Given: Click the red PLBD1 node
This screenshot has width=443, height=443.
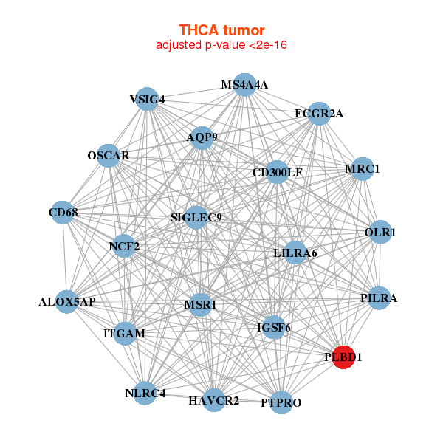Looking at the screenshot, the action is click(x=343, y=357).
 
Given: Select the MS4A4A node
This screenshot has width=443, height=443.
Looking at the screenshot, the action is click(x=245, y=85).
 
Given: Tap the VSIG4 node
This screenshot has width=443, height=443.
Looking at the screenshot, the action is click(x=148, y=100).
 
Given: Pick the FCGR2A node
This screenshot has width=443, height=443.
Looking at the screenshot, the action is click(x=319, y=114).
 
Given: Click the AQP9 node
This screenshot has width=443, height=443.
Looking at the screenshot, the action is click(x=202, y=137).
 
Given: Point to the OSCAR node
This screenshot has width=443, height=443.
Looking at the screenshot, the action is click(x=109, y=156).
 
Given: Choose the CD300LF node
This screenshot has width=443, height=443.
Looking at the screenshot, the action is click(x=277, y=173).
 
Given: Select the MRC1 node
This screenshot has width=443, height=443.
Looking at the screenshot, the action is click(x=362, y=169).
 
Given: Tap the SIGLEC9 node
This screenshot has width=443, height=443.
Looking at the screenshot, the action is click(x=196, y=217).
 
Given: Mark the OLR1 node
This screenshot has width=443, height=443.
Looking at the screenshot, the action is click(x=380, y=233).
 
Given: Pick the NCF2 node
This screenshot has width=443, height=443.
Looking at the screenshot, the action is click(x=124, y=246).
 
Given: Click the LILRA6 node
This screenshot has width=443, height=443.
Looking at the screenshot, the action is click(x=295, y=253).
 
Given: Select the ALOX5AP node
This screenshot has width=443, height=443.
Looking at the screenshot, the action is click(x=67, y=301).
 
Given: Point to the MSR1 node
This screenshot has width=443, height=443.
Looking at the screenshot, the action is click(x=200, y=304).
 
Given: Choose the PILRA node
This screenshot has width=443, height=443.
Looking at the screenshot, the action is click(x=379, y=298).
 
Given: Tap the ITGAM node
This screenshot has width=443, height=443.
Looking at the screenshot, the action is click(x=125, y=334).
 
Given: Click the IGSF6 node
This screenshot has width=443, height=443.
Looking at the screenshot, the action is click(x=273, y=327).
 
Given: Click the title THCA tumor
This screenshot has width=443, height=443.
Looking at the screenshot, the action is click(x=221, y=30).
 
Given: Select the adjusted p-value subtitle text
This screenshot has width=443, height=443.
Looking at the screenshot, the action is click(x=221, y=45).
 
